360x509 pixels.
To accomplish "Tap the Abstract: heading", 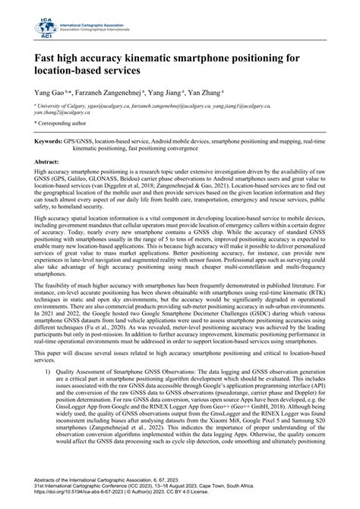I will tap(48, 163).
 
